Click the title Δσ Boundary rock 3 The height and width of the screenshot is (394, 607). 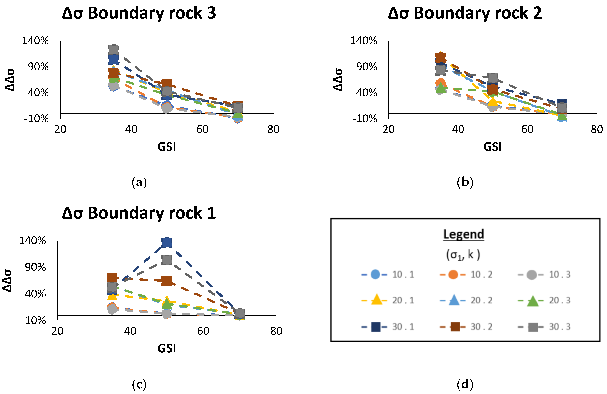(x=139, y=13)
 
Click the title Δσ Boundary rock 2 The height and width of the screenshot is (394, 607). (x=465, y=13)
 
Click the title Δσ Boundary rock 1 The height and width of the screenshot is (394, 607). (x=139, y=213)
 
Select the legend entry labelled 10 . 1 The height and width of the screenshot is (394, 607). (x=388, y=275)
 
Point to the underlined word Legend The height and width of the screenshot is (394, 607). (x=463, y=234)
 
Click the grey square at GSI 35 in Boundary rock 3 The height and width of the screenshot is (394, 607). (x=114, y=49)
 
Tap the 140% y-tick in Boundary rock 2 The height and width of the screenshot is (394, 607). (x=363, y=41)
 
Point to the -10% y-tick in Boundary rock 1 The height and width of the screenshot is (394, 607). (x=34, y=320)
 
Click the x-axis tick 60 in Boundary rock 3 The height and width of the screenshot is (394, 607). (x=202, y=130)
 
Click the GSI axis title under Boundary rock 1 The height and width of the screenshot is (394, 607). (x=167, y=348)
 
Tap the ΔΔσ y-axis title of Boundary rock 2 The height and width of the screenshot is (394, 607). (x=338, y=80)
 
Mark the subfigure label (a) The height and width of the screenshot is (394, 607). (x=139, y=183)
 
